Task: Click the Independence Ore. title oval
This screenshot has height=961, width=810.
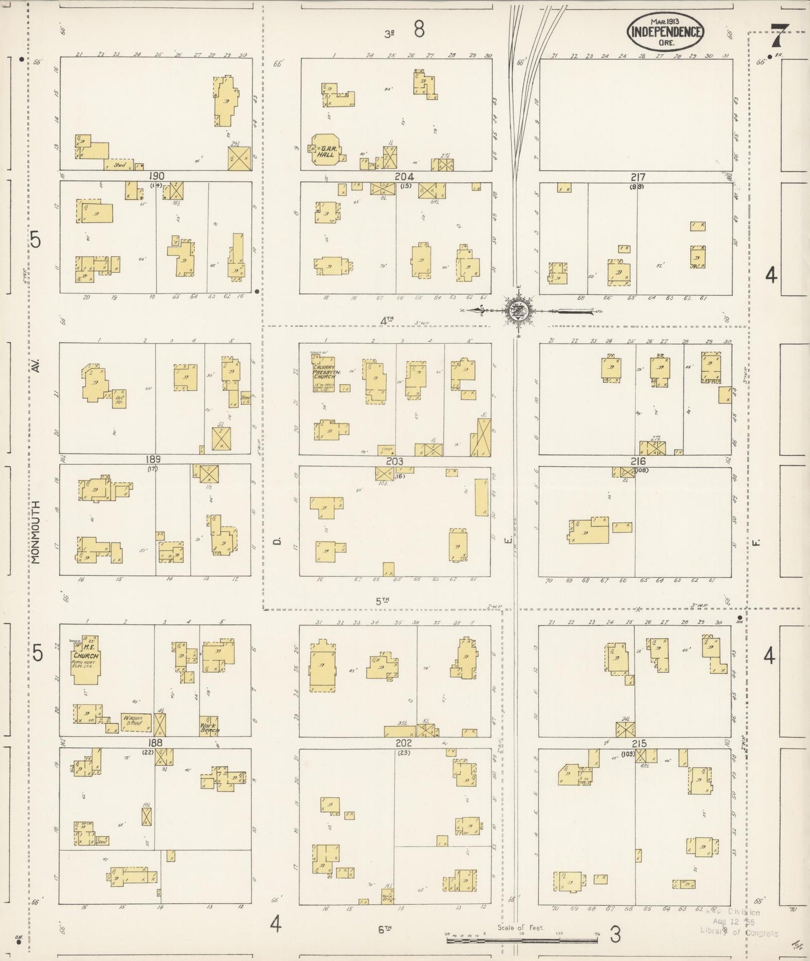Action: point(665,31)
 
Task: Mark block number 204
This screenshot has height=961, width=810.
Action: point(404,177)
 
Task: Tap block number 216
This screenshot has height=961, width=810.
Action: point(637,461)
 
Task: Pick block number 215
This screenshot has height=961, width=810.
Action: point(638,743)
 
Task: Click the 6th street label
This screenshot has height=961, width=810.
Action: point(383,930)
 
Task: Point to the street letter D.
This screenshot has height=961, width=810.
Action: point(276,541)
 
